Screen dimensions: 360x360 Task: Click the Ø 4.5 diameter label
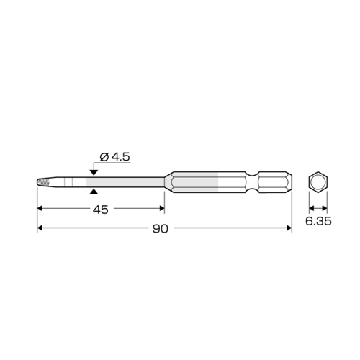pyautogui.click(x=114, y=157)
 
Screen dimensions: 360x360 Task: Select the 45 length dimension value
pyautogui.click(x=101, y=210)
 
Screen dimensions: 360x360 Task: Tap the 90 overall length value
pyautogui.click(x=161, y=229)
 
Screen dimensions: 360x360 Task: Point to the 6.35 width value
pyautogui.click(x=318, y=221)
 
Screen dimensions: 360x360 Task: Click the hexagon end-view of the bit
pyautogui.click(x=318, y=182)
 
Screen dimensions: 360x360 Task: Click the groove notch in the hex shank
pyautogui.click(x=252, y=182)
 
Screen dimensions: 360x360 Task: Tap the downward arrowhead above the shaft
pyautogui.click(x=94, y=172)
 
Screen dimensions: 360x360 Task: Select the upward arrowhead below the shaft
pyautogui.click(x=94, y=192)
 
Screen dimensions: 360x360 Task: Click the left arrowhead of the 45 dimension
pyautogui.click(x=40, y=208)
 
